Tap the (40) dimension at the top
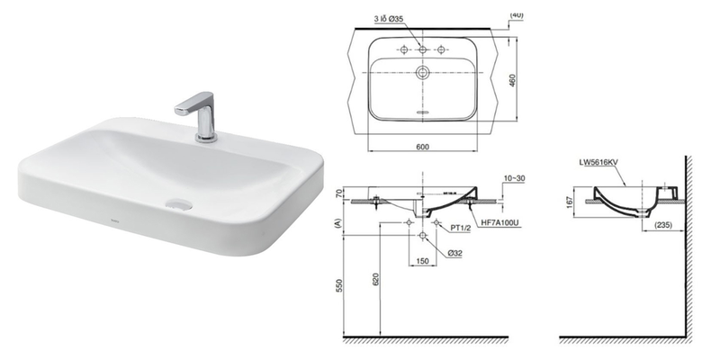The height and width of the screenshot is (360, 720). click(517, 14)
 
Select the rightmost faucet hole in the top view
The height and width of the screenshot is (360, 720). click(441, 48)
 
